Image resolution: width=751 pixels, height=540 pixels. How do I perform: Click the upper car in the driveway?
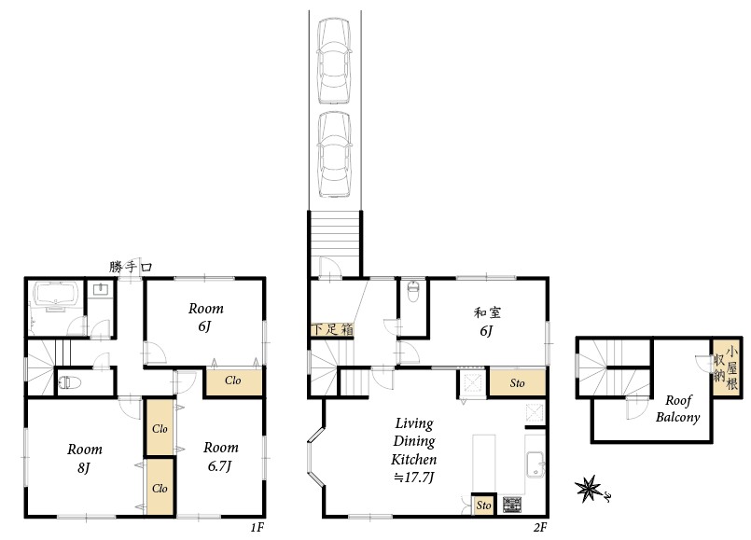tap(334, 61)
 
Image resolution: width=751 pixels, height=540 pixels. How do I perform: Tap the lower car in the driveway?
tap(334, 154)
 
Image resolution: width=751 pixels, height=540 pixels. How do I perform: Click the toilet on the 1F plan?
tap(69, 382)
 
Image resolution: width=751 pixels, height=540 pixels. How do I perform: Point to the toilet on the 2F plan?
tap(412, 292)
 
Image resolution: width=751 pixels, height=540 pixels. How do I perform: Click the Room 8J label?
tap(84, 458)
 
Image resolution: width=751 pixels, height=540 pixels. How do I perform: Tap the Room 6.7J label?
tap(220, 456)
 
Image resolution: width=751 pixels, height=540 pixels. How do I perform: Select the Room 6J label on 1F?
tap(205, 317)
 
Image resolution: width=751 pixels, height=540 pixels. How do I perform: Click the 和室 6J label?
tap(487, 321)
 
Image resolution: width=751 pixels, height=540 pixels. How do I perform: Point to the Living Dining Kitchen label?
tap(414, 450)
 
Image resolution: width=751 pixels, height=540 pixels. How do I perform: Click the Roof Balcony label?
tap(677, 408)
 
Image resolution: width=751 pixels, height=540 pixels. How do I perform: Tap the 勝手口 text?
tap(131, 266)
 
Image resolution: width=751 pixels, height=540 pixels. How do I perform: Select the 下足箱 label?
tap(332, 329)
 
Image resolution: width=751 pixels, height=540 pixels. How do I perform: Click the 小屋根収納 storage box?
tap(727, 367)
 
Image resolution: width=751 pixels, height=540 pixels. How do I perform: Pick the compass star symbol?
tap(589, 489)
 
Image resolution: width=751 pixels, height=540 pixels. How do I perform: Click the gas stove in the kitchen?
tap(512, 505)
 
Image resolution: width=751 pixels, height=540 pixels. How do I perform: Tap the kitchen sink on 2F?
tap(535, 464)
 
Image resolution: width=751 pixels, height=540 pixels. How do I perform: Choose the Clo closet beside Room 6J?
tap(234, 381)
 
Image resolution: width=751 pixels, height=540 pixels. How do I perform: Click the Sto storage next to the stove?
tap(484, 505)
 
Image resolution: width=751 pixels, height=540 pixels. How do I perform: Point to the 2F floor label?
tap(540, 527)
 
